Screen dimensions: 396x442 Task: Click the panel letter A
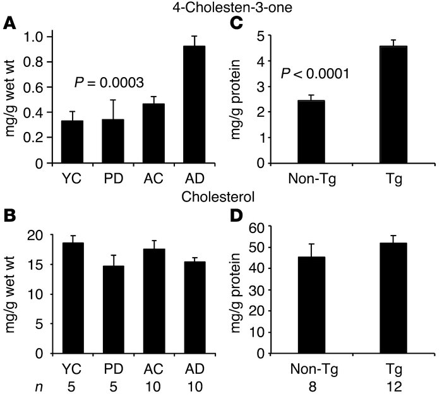(9, 25)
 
